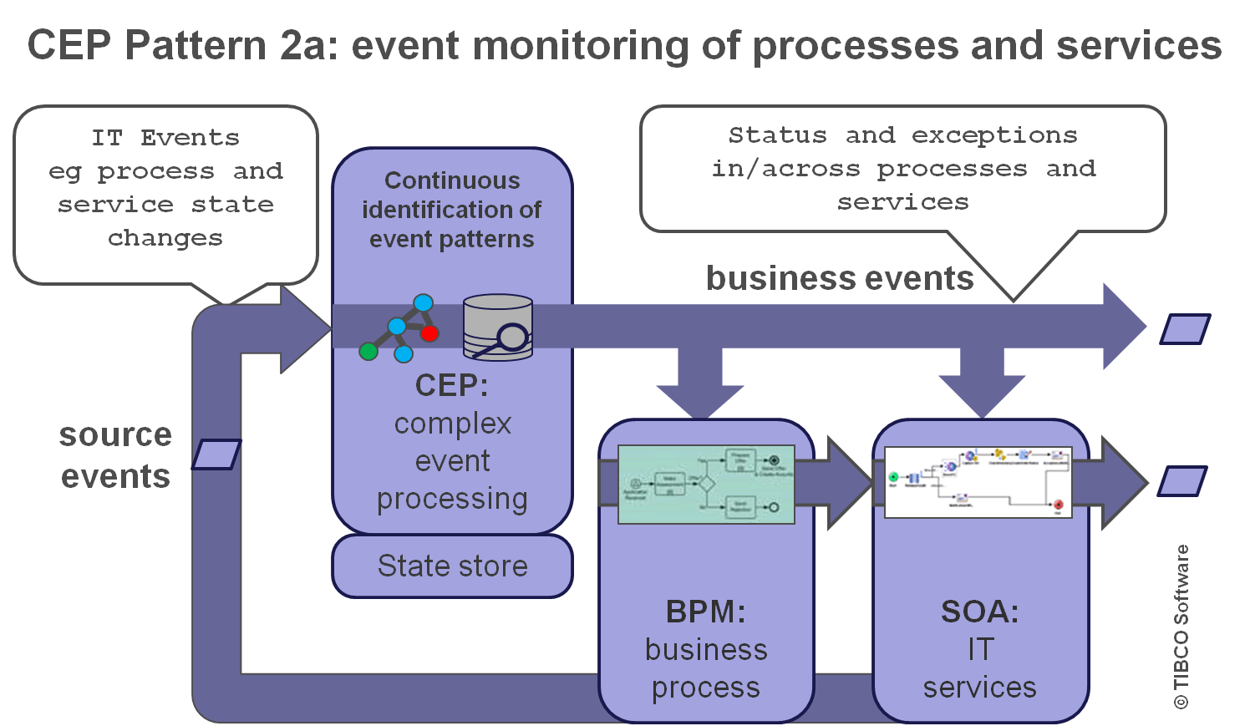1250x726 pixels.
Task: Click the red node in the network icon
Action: (x=429, y=333)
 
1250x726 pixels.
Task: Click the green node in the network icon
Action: (x=368, y=352)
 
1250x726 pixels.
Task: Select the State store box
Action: (x=452, y=566)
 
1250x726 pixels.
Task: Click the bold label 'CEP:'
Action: (x=452, y=385)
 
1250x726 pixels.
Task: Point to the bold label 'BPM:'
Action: (x=706, y=612)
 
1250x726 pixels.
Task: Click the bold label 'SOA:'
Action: (x=980, y=612)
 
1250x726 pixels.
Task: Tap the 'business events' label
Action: (x=840, y=278)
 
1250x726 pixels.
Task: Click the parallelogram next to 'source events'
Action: (x=216, y=454)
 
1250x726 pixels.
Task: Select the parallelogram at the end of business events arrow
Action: (x=1185, y=329)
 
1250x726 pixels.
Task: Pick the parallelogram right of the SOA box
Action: (x=1182, y=481)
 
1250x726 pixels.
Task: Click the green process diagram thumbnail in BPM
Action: (x=706, y=485)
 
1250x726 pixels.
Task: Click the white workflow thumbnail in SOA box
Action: (x=978, y=482)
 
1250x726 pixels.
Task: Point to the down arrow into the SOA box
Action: (x=982, y=380)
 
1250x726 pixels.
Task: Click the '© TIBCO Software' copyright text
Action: (x=1181, y=627)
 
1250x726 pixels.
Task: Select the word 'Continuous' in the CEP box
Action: (x=452, y=180)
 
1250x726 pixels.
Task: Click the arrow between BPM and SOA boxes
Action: (x=840, y=483)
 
